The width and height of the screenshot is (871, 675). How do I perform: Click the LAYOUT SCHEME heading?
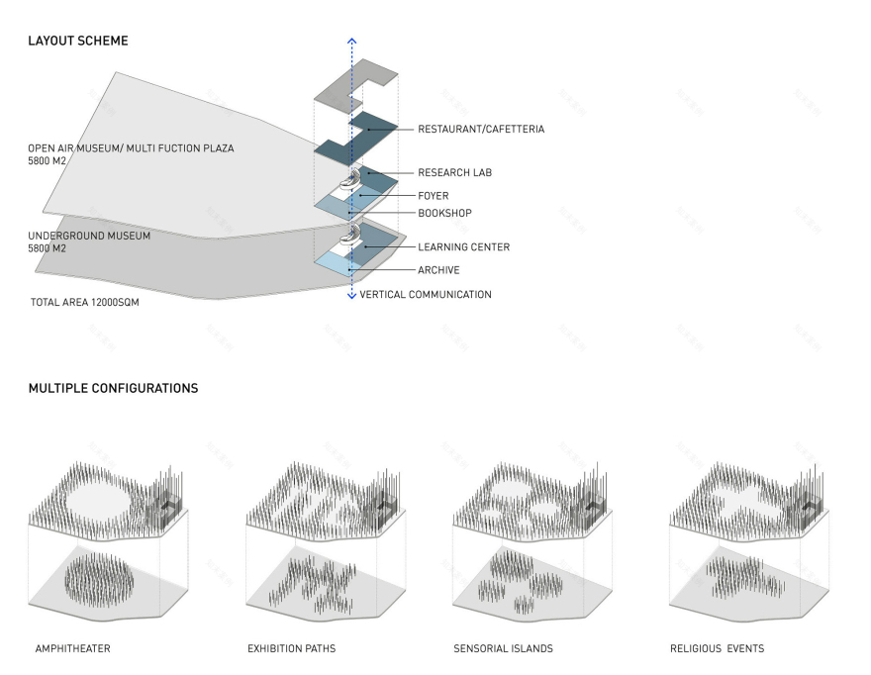tap(77, 42)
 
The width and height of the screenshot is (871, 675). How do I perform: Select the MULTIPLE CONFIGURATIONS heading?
tap(113, 388)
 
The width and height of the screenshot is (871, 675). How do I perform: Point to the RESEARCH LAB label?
tap(454, 173)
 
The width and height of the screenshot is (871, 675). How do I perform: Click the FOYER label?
tap(433, 196)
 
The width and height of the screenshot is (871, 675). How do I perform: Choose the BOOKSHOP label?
tap(444, 213)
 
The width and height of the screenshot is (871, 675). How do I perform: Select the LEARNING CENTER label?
tap(463, 247)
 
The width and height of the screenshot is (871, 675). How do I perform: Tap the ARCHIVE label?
tap(438, 270)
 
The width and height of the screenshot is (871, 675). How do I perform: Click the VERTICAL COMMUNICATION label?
tap(426, 295)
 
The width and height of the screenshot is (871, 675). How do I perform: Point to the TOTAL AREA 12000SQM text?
tap(85, 302)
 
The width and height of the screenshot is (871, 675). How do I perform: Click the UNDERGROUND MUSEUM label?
tap(89, 237)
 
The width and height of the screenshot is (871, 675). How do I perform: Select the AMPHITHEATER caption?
tap(72, 649)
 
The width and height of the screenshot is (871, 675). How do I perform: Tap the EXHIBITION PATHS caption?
tap(291, 649)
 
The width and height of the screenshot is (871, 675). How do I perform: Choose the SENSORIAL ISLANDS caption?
tap(503, 649)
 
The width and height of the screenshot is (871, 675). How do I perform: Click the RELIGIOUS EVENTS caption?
tap(717, 649)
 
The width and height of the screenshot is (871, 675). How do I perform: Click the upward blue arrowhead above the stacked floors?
tap(351, 42)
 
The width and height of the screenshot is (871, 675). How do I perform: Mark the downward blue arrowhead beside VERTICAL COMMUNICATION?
tap(351, 295)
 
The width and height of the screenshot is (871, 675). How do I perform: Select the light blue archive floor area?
tap(337, 265)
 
